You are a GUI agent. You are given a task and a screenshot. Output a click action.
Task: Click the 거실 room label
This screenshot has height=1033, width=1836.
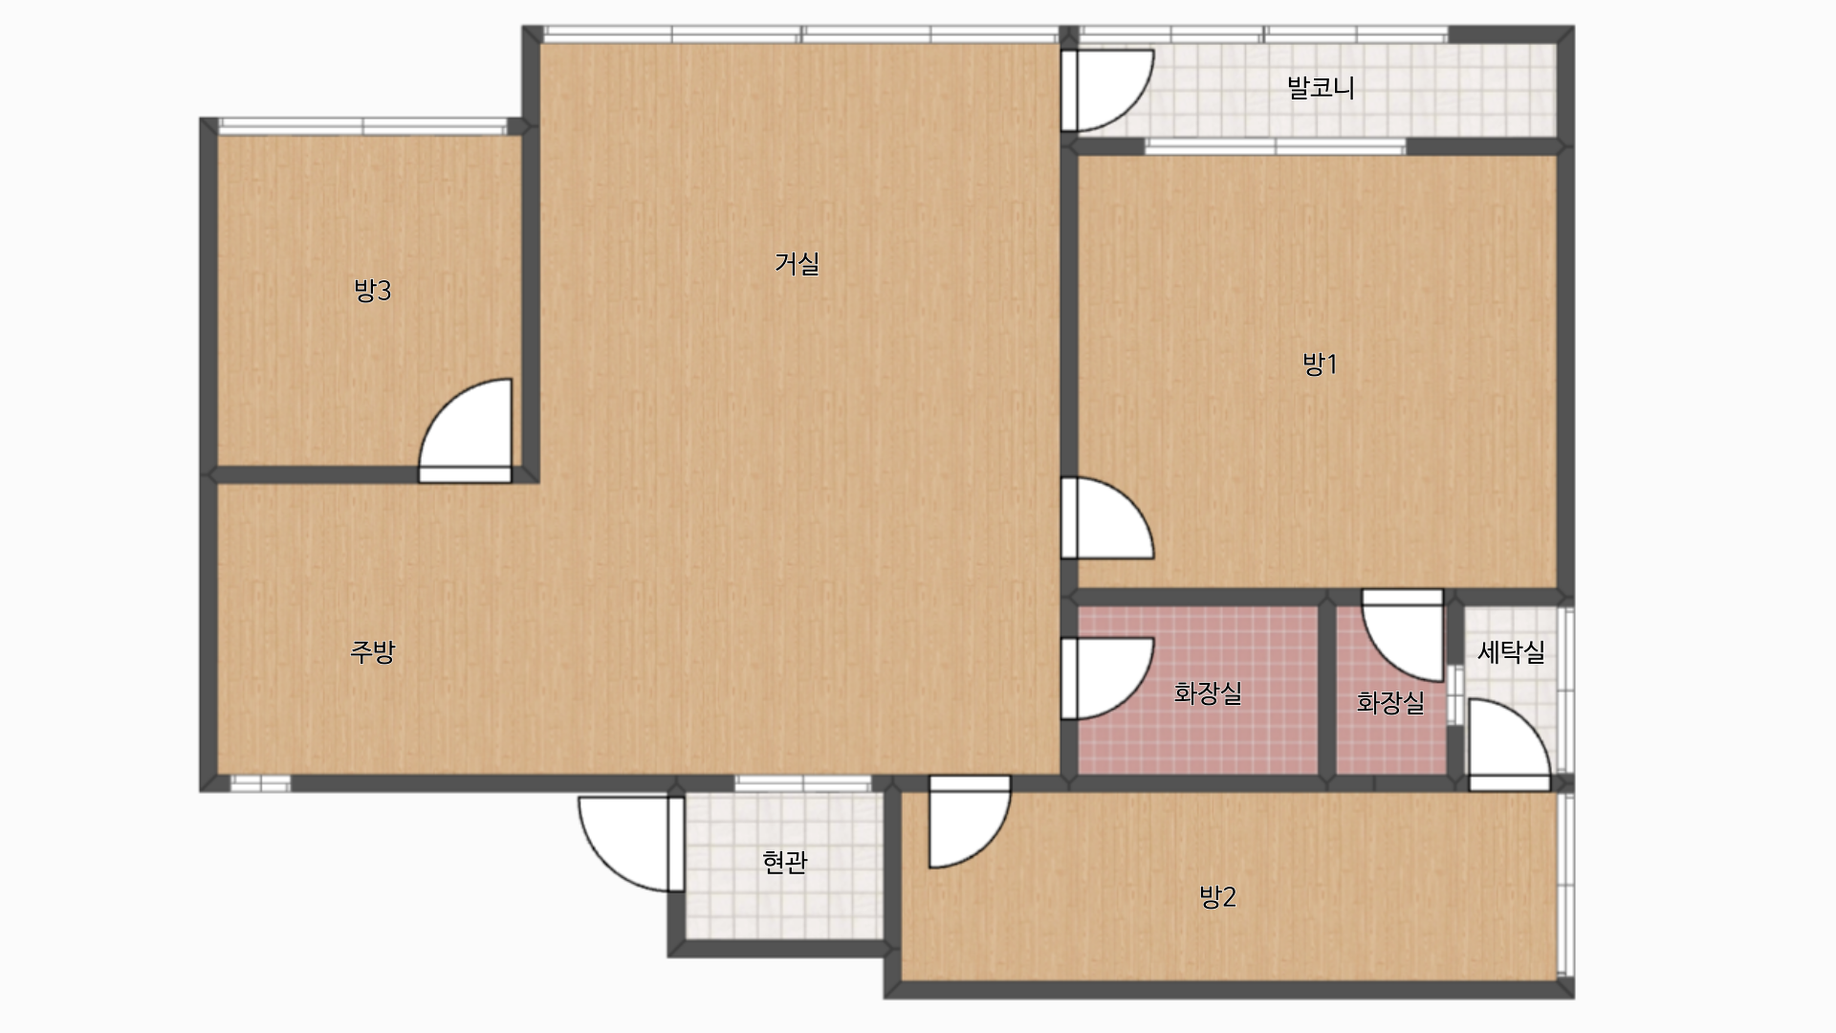point(797,263)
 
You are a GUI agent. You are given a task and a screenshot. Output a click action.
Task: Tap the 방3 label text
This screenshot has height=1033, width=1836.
point(372,290)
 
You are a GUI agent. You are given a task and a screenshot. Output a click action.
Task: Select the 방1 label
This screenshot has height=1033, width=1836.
point(1320,363)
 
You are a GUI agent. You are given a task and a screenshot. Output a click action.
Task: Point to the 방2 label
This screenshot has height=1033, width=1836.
point(1217,896)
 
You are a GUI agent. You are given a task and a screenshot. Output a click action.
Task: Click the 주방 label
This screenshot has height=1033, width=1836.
point(372,651)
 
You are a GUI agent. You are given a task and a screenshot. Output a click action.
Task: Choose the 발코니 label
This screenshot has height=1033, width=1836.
point(1321,87)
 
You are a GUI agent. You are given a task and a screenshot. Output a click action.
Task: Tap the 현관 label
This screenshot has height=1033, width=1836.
point(785,862)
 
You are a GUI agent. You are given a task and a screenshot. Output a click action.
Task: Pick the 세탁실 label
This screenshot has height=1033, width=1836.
point(1511,651)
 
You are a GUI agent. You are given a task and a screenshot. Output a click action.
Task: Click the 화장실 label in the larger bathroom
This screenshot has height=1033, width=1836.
point(1208,692)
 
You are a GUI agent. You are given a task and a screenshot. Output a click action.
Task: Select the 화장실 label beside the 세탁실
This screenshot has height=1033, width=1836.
point(1390,703)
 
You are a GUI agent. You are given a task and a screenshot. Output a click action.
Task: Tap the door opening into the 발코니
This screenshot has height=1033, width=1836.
point(1107,90)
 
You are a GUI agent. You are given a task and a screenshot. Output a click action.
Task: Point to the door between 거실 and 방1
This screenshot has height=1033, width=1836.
point(1107,517)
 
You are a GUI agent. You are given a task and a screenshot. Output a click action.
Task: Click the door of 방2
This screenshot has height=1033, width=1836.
point(970,822)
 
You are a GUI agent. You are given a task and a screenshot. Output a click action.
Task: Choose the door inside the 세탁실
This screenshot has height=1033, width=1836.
point(1509,744)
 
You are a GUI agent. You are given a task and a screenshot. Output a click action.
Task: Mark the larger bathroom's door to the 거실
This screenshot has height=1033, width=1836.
point(1107,678)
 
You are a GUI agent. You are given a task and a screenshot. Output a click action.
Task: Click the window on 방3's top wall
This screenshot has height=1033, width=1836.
point(363,126)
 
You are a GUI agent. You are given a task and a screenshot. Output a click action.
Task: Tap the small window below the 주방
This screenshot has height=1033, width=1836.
point(260,783)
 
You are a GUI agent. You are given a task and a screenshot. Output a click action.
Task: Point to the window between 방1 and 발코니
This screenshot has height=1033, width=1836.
point(1276,146)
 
